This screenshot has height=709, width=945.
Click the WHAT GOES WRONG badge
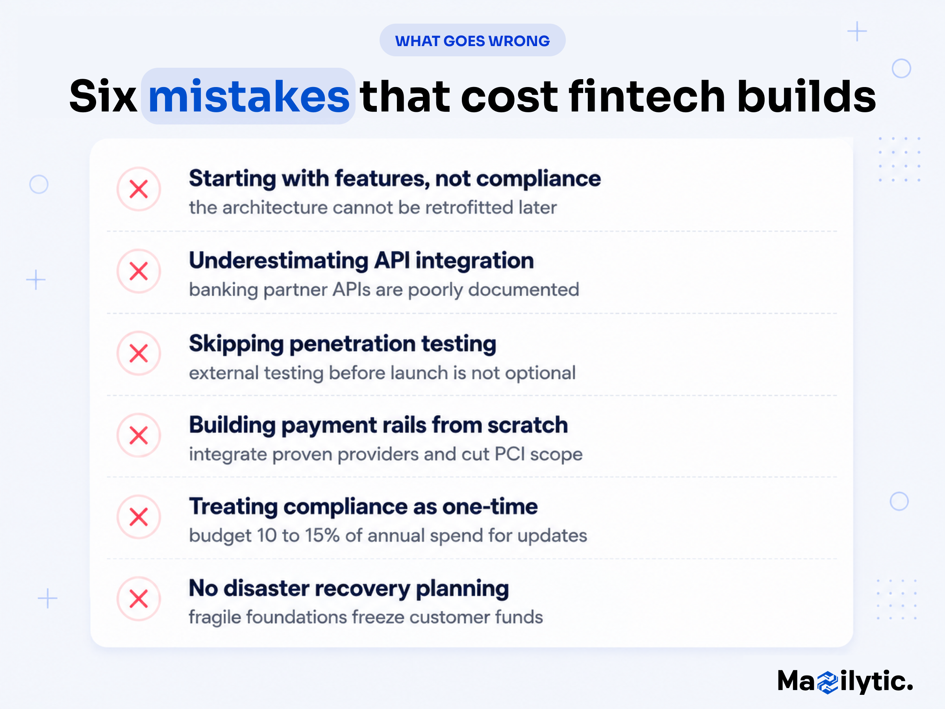coord(472,40)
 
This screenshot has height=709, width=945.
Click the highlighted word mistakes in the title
coord(248,96)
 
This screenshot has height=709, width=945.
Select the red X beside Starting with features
coord(139,189)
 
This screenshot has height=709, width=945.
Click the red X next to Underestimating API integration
coord(139,271)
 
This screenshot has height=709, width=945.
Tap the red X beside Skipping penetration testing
coord(139,353)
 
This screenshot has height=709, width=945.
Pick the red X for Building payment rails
coord(139,435)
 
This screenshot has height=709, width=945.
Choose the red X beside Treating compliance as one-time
coord(139,517)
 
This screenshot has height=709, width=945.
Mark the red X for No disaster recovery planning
coord(139,599)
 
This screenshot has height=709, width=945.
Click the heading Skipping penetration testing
coord(343,344)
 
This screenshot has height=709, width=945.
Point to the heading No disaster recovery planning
coord(348,589)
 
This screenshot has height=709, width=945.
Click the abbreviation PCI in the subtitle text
coord(510,454)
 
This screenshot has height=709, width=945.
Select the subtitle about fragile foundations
coord(366,618)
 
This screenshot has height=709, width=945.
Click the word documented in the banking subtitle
coord(524,290)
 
